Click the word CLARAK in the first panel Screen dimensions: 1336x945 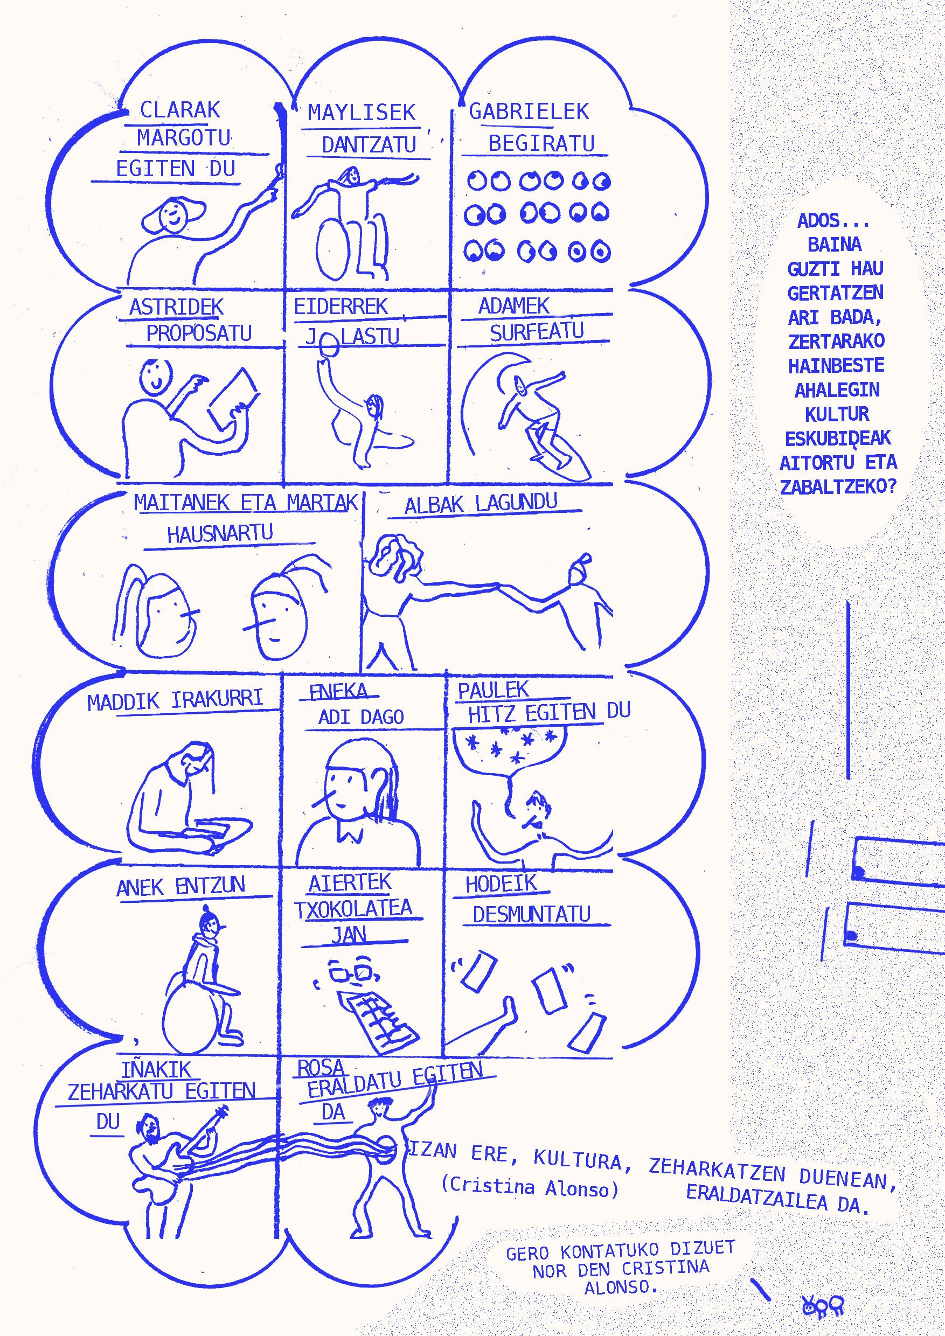pyautogui.click(x=180, y=110)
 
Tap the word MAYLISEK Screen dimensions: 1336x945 pyautogui.click(x=362, y=112)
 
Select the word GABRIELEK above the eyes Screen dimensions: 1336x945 pyautogui.click(x=529, y=111)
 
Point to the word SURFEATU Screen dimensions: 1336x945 pyautogui.click(x=537, y=332)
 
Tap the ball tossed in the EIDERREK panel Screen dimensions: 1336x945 pyautogui.click(x=330, y=348)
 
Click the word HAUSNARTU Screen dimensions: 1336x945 pyautogui.click(x=220, y=533)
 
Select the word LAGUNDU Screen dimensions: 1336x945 pyautogui.click(x=516, y=502)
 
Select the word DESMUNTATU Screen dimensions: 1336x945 pyautogui.click(x=531, y=915)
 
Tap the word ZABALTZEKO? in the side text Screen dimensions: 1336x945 pyautogui.click(x=838, y=487)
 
